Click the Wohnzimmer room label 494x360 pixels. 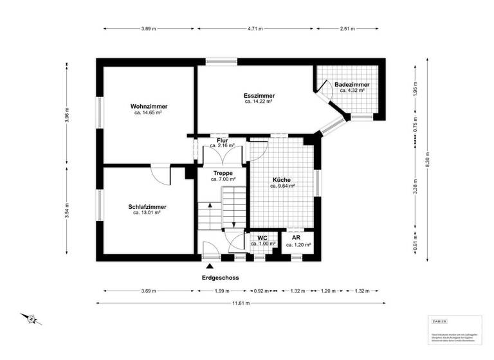pos(149,105)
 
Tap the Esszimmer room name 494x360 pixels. pos(259,95)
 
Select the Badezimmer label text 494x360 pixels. pos(351,84)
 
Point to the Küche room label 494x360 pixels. pos(282,179)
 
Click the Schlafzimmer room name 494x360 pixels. pos(147,206)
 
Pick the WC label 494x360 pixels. pos(262,238)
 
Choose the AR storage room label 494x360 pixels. pos(298,238)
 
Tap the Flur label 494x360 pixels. pos(222,139)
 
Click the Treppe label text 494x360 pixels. pos(223,173)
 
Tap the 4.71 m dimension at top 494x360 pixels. pos(255,29)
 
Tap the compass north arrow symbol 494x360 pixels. pos(29,318)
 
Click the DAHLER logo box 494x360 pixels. pos(439,321)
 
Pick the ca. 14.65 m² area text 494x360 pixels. pos(149,113)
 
